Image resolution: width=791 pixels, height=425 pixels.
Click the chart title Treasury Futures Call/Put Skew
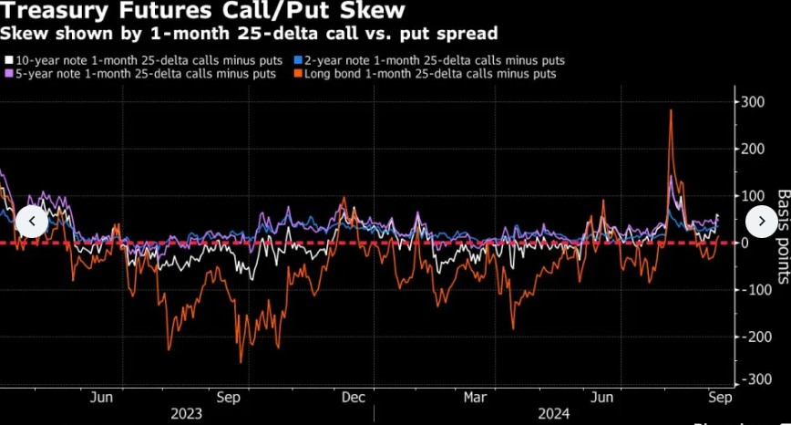pyautogui.click(x=202, y=13)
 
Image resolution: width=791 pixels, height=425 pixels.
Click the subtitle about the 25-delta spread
pyautogui.click(x=248, y=35)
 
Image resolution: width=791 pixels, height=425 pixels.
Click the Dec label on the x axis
pyautogui.click(x=353, y=397)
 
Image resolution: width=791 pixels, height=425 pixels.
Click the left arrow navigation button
pyautogui.click(x=31, y=221)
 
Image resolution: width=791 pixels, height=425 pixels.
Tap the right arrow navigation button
pyautogui.click(x=760, y=221)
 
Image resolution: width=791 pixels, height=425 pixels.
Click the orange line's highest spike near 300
pyautogui.click(x=671, y=111)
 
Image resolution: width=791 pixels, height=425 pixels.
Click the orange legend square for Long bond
pyautogui.click(x=298, y=74)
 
